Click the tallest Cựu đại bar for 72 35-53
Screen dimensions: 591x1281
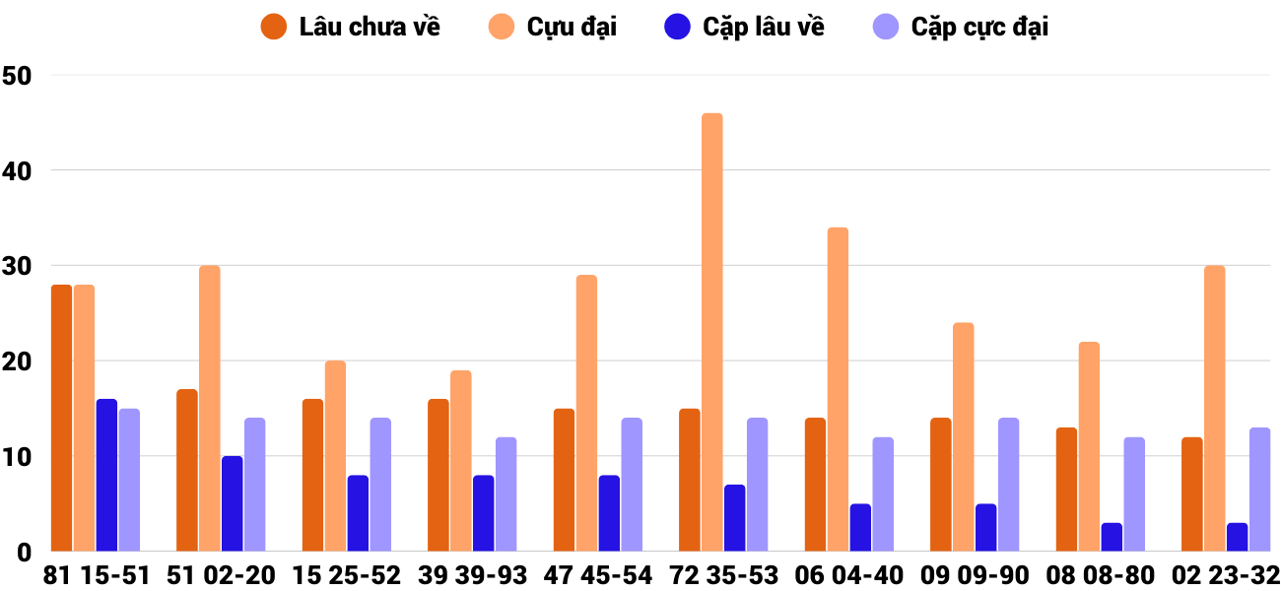point(711,333)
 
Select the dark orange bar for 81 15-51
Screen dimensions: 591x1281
point(61,419)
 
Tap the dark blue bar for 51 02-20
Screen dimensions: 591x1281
point(232,504)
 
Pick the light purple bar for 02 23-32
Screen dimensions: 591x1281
point(1259,490)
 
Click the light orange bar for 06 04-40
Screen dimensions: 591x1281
point(838,390)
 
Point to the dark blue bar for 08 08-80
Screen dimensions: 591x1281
point(1112,538)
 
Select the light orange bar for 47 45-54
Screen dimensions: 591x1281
point(586,414)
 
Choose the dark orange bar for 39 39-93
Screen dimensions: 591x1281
point(438,476)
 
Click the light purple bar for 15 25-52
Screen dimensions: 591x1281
point(380,485)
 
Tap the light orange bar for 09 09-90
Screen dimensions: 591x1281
point(963,437)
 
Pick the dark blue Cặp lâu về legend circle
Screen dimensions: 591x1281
point(678,27)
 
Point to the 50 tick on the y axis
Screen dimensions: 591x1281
point(18,76)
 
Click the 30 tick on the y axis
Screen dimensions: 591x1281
point(18,266)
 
